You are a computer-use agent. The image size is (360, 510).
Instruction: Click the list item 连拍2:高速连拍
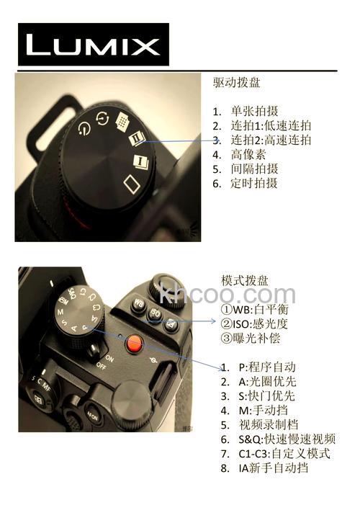point(271,140)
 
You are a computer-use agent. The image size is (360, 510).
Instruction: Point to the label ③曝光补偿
point(249,338)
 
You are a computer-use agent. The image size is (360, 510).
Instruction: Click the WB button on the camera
point(138,305)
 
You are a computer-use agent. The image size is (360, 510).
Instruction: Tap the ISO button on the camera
point(155,313)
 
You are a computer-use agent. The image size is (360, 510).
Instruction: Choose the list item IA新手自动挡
point(274,467)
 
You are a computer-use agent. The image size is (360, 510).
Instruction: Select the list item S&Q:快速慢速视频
point(287,439)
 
